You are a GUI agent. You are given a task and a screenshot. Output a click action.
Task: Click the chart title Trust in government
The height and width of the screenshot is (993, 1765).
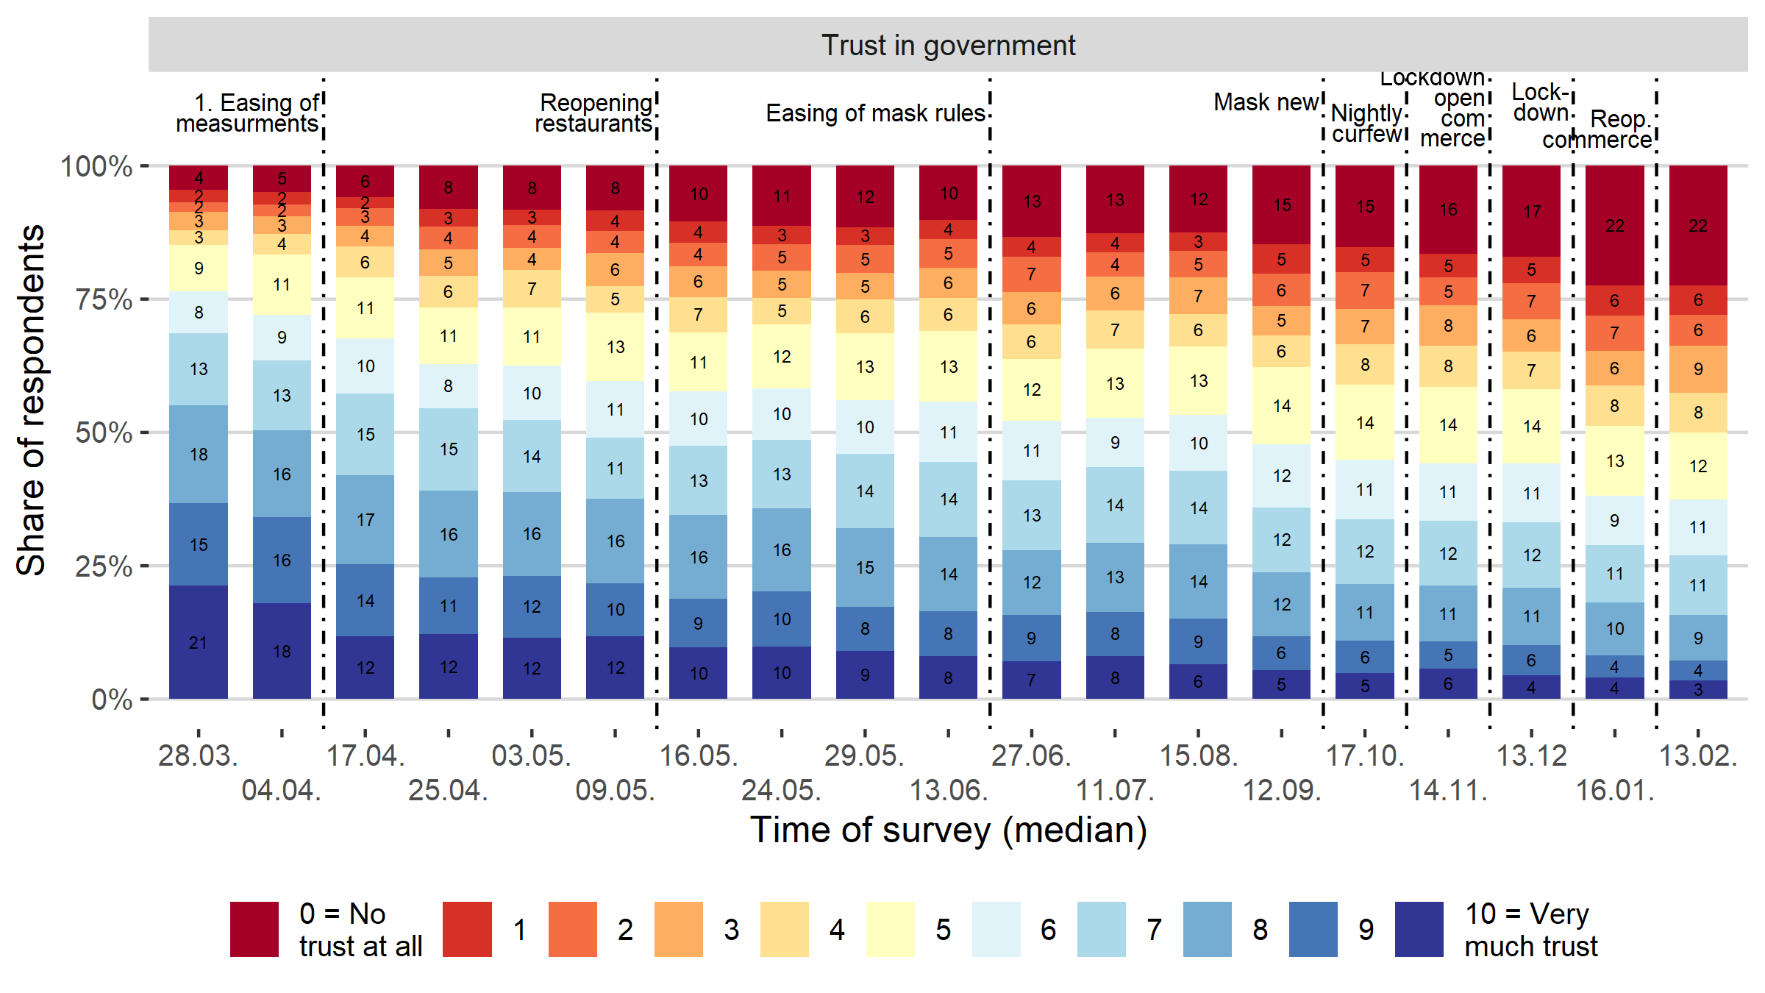coord(948,46)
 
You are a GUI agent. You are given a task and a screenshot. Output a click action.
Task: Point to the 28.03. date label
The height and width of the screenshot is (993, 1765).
coord(198,755)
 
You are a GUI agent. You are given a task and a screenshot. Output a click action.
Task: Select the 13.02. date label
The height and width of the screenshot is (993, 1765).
coord(1698,755)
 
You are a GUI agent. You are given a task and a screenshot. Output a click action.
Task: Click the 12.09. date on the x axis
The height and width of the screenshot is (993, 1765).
coord(1282,790)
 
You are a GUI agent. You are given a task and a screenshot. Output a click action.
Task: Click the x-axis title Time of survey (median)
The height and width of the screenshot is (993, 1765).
coord(948,830)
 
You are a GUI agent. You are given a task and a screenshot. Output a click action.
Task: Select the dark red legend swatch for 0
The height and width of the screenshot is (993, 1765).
coord(254,929)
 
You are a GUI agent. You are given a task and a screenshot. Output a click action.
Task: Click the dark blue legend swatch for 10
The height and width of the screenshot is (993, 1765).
coord(1419,929)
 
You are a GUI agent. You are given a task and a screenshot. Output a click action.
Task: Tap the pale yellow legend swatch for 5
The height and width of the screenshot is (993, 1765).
coord(890,929)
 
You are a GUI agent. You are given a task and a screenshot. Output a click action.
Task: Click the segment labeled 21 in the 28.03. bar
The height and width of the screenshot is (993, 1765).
coord(198,642)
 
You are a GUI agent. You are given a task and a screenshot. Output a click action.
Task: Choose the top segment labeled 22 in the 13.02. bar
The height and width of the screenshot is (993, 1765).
coord(1698,225)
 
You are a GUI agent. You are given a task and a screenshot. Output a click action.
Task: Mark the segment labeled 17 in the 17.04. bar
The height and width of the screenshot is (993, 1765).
coord(366,519)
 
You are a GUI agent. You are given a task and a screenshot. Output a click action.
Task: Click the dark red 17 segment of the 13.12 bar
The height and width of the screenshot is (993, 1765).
coord(1531,211)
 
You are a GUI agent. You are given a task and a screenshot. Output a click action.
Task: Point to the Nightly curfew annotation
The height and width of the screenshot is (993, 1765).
coord(1366,124)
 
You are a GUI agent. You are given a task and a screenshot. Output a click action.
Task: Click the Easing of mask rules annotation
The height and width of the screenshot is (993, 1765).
coord(875,113)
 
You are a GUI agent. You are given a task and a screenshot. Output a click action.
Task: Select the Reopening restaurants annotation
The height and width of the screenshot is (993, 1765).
coord(594,113)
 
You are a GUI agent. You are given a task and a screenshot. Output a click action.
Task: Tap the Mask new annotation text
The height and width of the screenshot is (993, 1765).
coord(1266,102)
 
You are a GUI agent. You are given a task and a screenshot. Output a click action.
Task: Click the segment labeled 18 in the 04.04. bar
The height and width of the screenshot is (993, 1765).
coord(282,651)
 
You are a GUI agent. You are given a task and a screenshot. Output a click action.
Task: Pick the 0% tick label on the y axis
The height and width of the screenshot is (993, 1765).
coord(112,700)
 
